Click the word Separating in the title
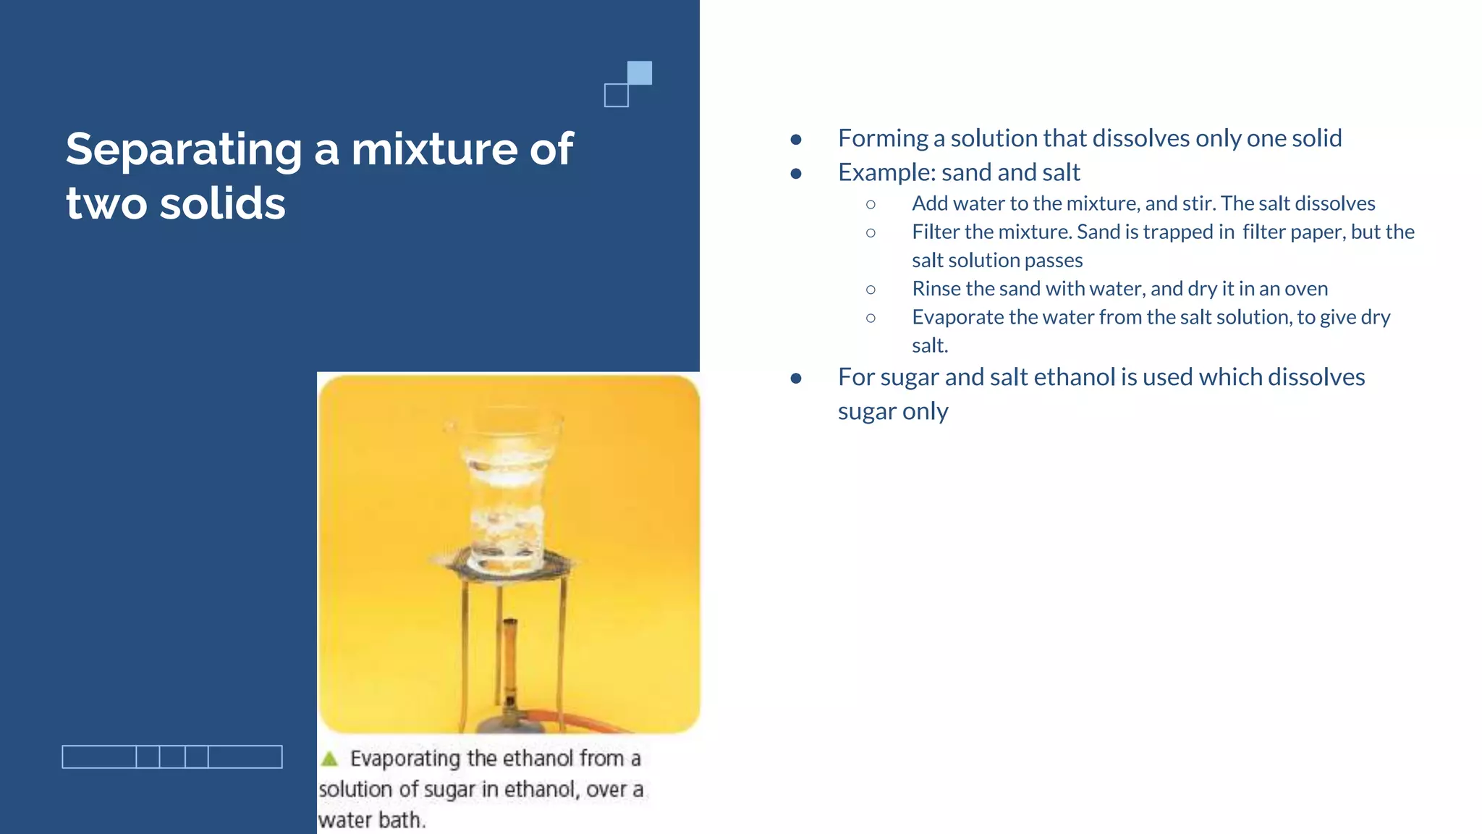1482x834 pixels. point(184,150)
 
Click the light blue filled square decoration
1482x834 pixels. point(639,72)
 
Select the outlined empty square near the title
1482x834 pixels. point(617,96)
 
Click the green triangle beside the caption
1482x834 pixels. point(329,759)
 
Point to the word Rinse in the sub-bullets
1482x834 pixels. point(936,289)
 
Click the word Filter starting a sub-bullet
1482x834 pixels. point(935,232)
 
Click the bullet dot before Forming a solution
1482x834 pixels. point(796,139)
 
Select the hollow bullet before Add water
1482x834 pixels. point(871,205)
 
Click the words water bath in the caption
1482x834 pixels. point(370,820)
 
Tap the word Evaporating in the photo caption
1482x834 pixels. point(405,759)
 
